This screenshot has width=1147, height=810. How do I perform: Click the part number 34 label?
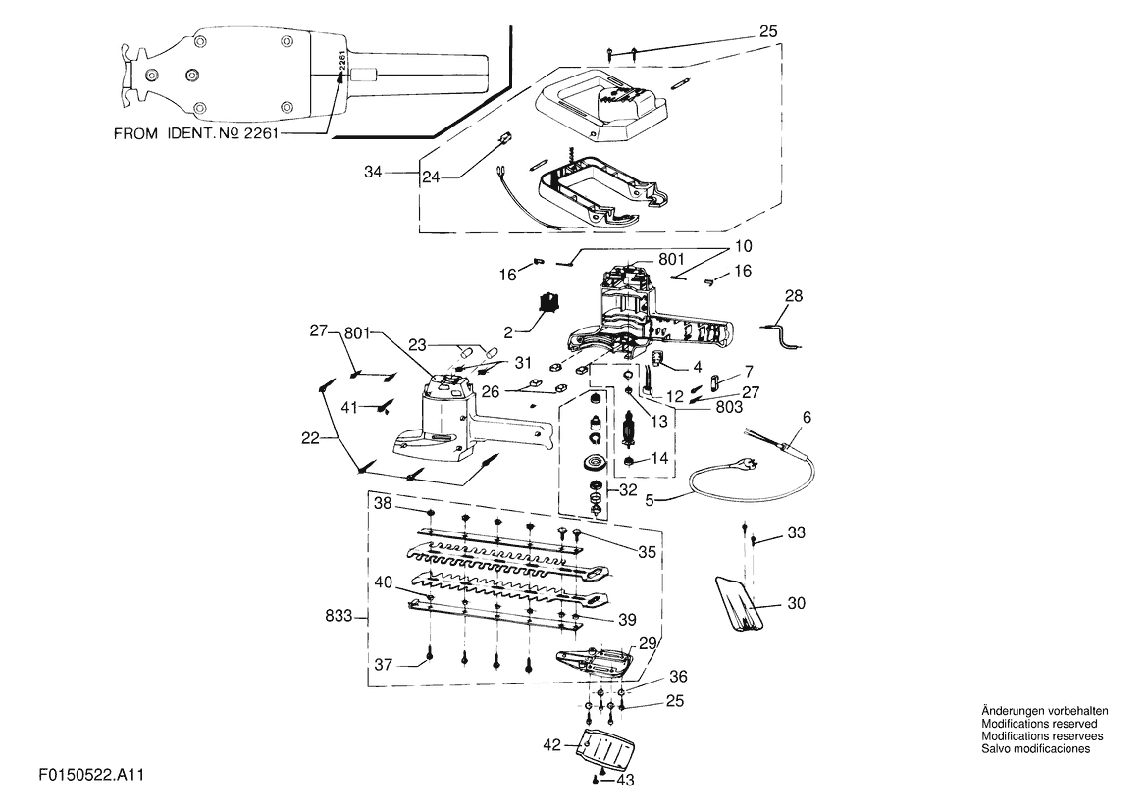pyautogui.click(x=373, y=173)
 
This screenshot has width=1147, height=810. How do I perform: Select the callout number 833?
pyautogui.click(x=339, y=616)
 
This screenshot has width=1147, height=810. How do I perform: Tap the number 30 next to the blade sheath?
pyautogui.click(x=796, y=603)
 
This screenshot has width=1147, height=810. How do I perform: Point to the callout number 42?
pyautogui.click(x=551, y=745)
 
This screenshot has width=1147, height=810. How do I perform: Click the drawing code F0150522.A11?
pyautogui.click(x=91, y=775)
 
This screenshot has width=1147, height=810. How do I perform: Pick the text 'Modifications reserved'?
pyautogui.click(x=1039, y=724)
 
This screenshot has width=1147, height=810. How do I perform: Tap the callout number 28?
pyautogui.click(x=794, y=296)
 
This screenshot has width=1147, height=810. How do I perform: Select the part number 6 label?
pyautogui.click(x=807, y=418)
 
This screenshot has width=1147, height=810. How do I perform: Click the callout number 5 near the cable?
pyautogui.click(x=650, y=501)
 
